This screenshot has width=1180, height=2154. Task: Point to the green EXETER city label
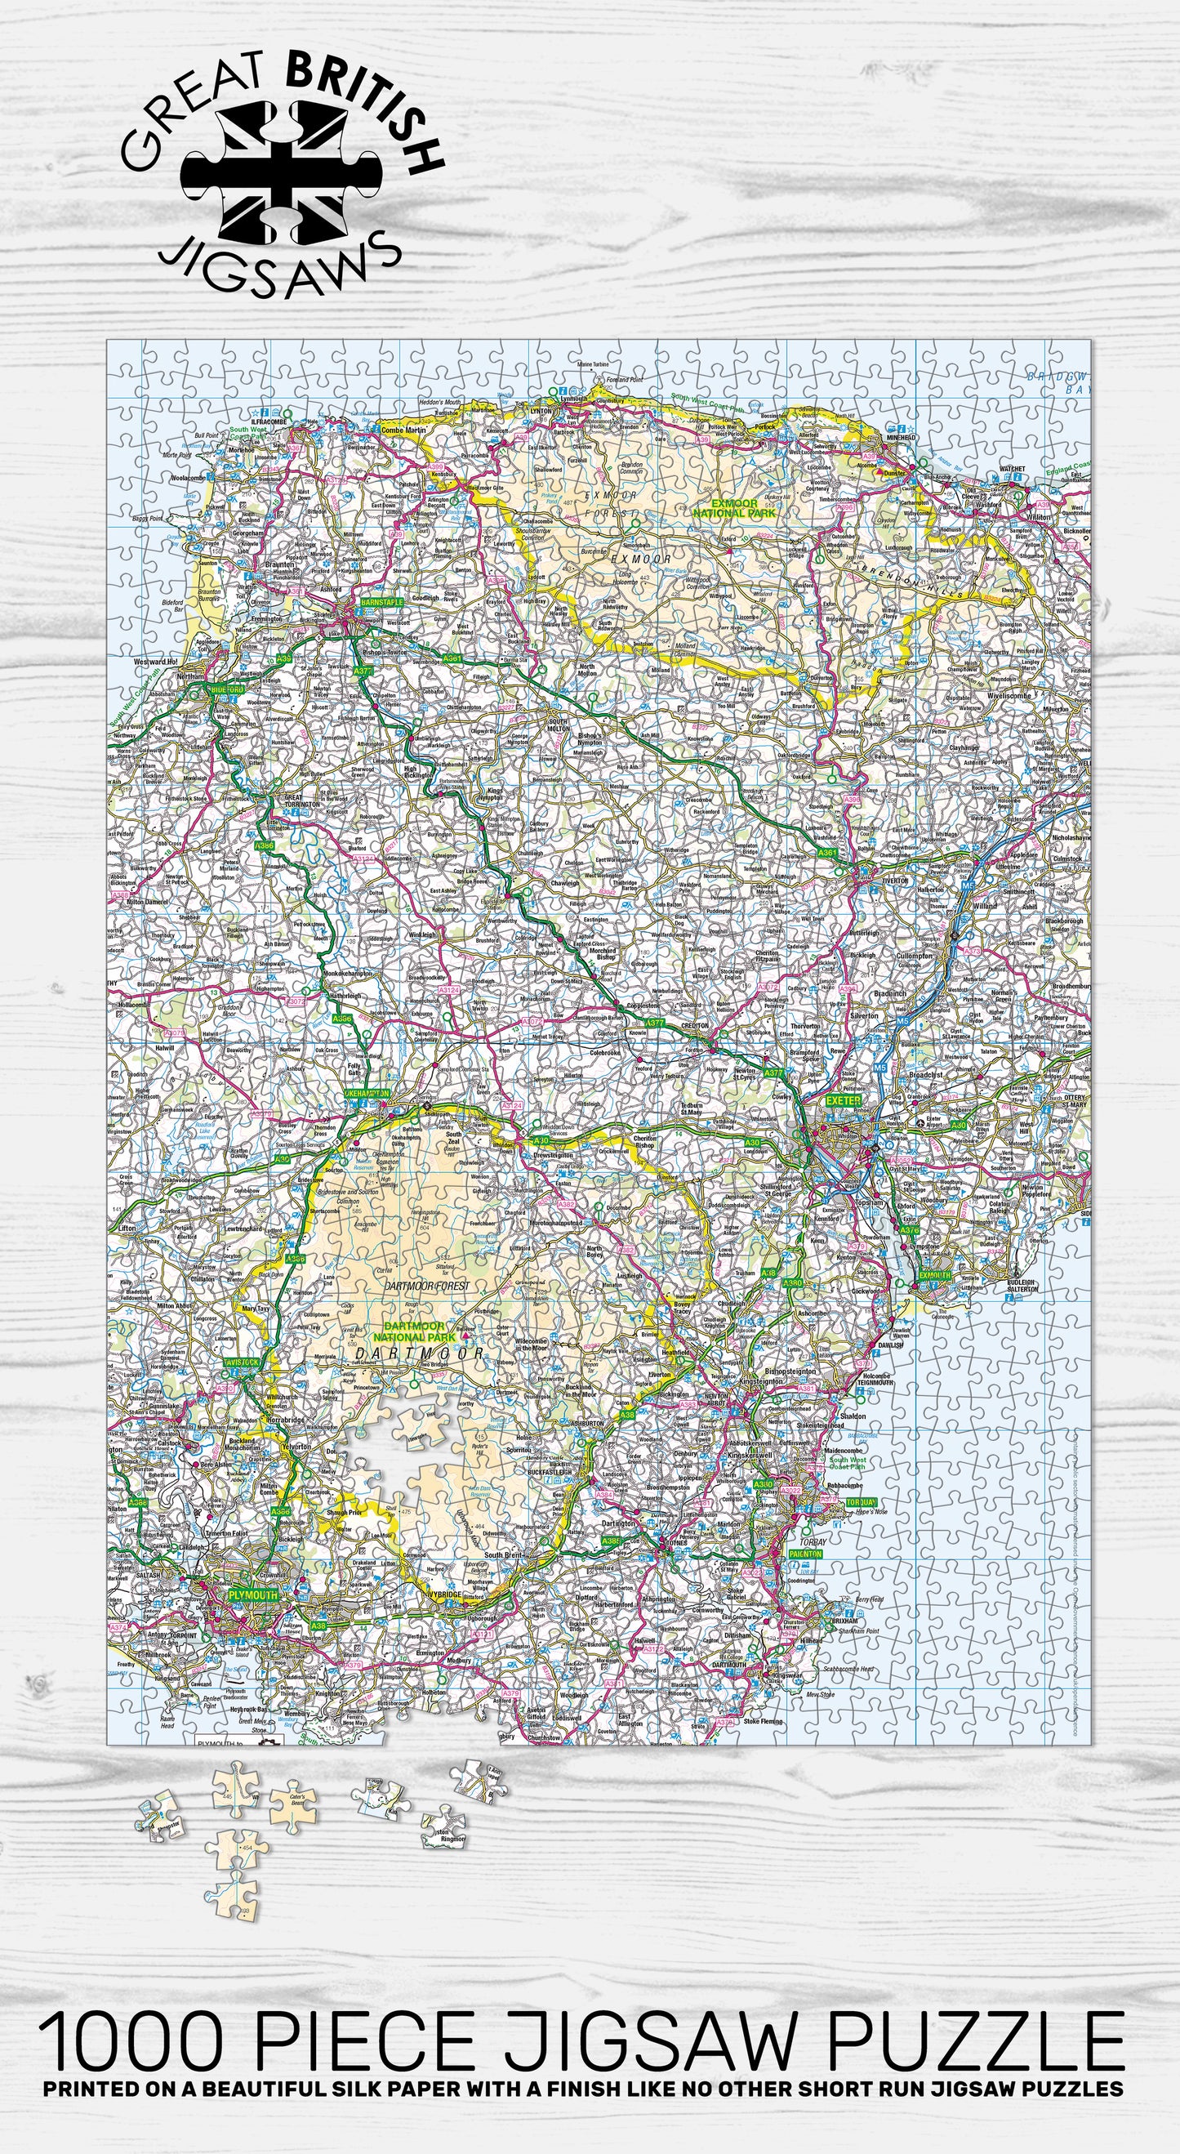843,1100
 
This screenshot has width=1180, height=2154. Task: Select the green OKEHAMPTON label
367,1094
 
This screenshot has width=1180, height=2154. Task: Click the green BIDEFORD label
226,689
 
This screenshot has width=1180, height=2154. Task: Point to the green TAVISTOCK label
242,1362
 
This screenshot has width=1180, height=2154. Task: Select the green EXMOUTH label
935,1275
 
